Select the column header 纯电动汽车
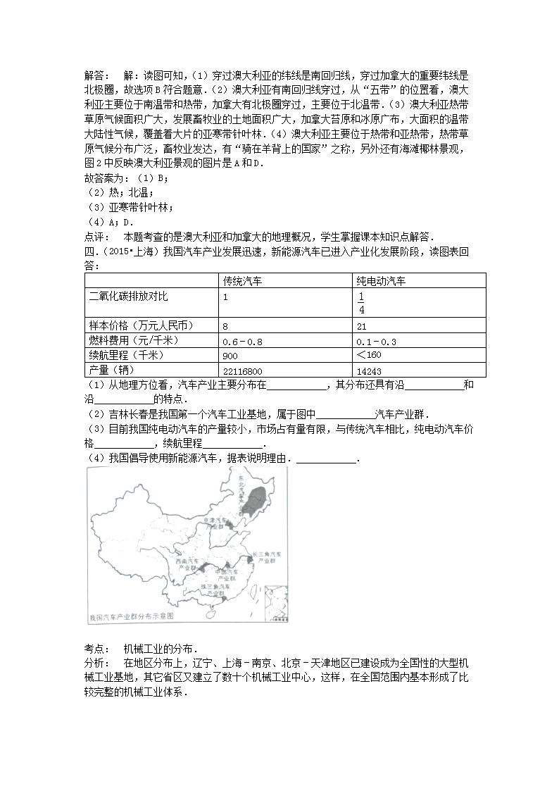381,281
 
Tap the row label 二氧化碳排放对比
129,296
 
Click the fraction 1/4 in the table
361,303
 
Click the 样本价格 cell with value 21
362,326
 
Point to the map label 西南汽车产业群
187,561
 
